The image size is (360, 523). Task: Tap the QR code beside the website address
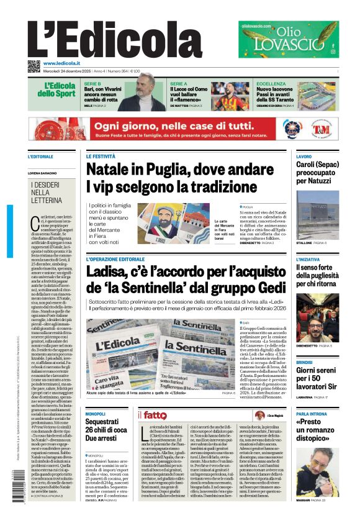click(x=34, y=65)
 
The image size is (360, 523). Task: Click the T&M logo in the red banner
click(x=320, y=130)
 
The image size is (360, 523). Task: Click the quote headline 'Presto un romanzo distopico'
click(x=317, y=431)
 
